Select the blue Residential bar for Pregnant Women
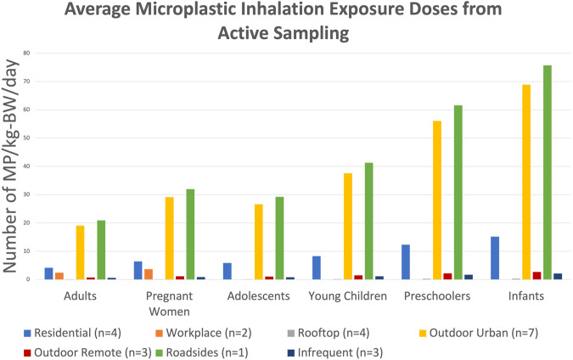138,270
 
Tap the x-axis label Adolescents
261,295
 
